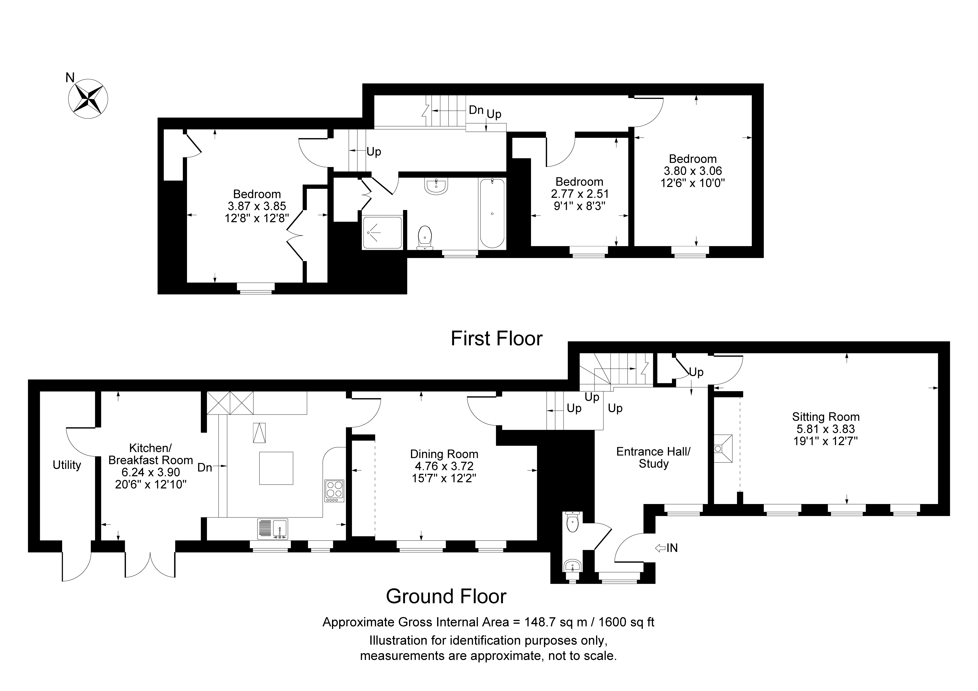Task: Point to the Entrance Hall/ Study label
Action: pyautogui.click(x=653, y=458)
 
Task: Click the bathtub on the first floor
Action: pyautogui.click(x=492, y=213)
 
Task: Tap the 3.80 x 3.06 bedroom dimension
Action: pyautogui.click(x=693, y=171)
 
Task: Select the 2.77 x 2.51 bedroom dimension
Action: pyautogui.click(x=580, y=194)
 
